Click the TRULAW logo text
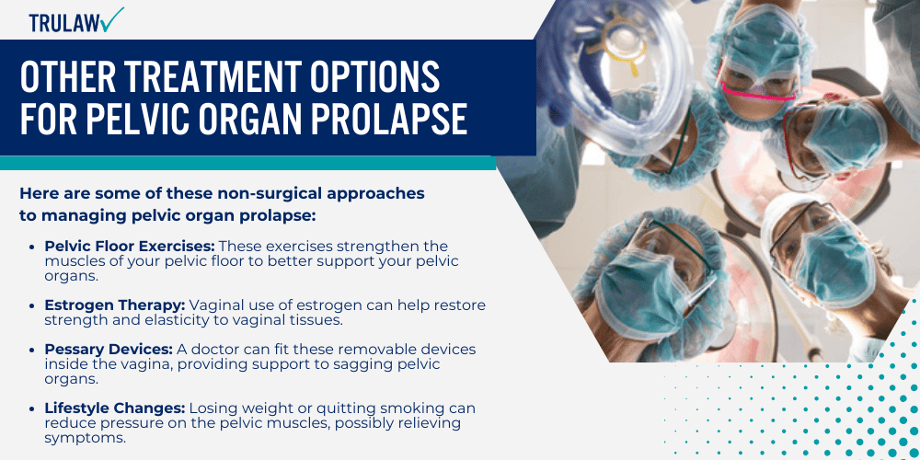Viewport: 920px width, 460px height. click(x=63, y=23)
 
